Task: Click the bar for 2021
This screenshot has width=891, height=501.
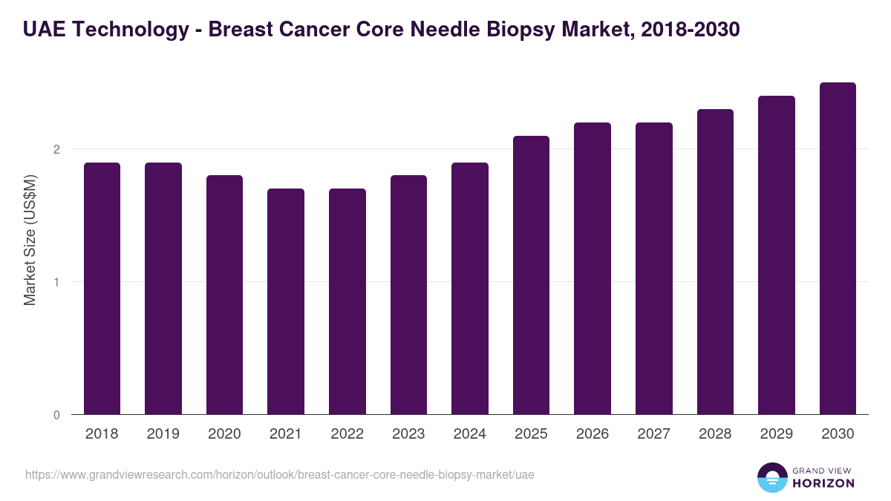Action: tap(286, 301)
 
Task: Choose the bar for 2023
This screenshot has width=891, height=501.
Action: tap(408, 295)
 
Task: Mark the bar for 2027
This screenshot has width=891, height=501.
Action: tap(653, 268)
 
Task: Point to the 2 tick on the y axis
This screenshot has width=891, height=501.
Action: tap(56, 149)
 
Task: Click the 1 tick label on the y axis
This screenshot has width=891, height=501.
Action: tap(56, 282)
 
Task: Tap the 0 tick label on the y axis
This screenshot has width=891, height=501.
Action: tap(56, 415)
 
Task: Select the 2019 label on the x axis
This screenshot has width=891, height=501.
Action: tap(163, 434)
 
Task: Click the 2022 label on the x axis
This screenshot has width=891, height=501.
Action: tap(347, 434)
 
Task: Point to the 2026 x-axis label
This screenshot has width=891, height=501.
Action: tap(593, 434)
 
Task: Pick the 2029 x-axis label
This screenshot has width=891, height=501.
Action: tap(776, 434)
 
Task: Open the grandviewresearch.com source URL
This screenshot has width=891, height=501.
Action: tap(279, 474)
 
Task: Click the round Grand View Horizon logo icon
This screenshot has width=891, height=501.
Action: tap(771, 477)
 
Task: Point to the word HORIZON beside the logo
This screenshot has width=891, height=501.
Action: tap(823, 483)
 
